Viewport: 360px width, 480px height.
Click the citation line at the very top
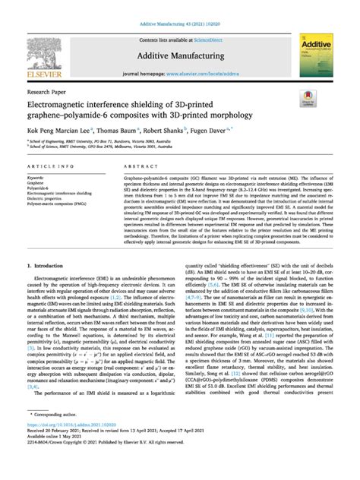180,7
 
